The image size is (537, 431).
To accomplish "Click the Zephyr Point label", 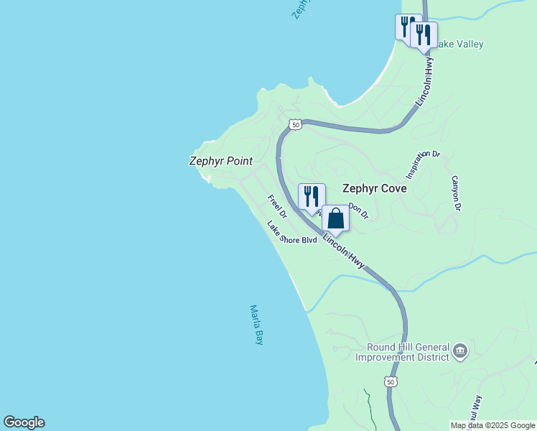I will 220,161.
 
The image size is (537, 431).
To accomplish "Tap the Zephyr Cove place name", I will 374,189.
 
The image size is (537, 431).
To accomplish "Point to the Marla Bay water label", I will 256,325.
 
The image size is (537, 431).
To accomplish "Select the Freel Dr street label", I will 277,206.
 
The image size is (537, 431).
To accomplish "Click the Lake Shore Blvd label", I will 291,233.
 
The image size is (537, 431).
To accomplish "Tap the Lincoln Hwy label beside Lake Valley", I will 430,79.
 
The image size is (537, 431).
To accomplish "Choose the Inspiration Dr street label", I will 422,164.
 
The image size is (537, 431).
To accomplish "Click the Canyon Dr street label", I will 455,193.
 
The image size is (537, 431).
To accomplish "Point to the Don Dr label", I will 358,210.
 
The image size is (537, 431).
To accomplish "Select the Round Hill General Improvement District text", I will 402,352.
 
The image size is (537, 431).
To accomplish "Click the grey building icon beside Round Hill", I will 459,352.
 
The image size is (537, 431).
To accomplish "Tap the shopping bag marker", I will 335,218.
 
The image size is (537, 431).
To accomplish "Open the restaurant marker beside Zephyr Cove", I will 312,196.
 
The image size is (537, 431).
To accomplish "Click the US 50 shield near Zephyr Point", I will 295,125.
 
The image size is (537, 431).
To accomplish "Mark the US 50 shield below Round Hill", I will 390,381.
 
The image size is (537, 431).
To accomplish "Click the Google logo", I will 24,422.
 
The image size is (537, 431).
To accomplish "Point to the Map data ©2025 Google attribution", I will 492,425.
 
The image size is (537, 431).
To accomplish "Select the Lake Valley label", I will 459,45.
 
